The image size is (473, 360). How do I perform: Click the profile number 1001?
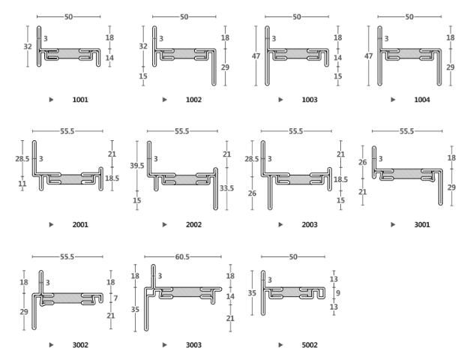point(80,100)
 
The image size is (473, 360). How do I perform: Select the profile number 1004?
point(422,100)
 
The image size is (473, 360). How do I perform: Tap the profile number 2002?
point(193,224)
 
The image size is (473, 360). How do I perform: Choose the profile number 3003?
point(193,345)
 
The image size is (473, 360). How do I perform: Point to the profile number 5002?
point(310,345)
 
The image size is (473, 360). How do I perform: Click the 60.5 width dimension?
point(182,256)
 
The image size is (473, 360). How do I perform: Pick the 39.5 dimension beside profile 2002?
point(137,166)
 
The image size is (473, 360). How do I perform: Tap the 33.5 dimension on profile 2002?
point(226,188)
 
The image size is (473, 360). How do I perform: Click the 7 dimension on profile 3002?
point(115,298)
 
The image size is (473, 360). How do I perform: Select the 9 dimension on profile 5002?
point(338,293)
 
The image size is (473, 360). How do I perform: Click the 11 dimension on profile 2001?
point(22,184)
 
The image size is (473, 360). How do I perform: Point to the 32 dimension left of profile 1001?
point(28,46)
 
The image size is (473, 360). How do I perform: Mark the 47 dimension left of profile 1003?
point(256,56)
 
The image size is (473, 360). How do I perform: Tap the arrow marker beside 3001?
point(393,224)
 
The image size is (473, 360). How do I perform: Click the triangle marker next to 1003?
point(280,100)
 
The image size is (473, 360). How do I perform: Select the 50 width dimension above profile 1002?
point(184,17)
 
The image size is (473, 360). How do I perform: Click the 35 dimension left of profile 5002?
point(252,293)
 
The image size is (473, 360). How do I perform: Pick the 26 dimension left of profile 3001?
point(363,162)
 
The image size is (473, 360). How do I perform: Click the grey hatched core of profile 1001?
point(68,53)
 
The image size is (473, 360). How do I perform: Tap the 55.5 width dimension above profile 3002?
point(67,256)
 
